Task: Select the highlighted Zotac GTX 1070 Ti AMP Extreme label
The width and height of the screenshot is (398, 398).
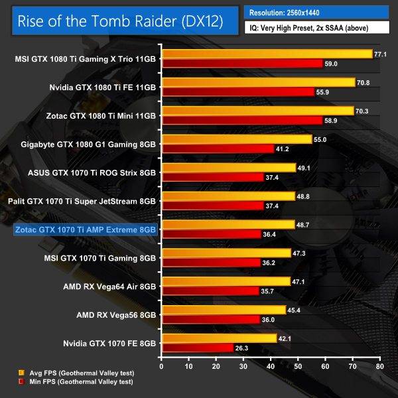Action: pyautogui.click(x=85, y=230)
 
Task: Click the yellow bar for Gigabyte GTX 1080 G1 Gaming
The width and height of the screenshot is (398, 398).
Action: pyautogui.click(x=236, y=139)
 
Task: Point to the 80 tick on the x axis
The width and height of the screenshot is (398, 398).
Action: pyautogui.click(x=379, y=365)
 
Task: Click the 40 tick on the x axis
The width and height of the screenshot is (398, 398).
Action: pyautogui.click(x=271, y=365)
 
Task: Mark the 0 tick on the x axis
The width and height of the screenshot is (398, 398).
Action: pyautogui.click(x=161, y=365)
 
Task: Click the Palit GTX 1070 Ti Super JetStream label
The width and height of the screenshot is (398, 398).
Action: pyautogui.click(x=82, y=201)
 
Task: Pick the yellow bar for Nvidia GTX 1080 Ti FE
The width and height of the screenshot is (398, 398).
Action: pyautogui.click(x=258, y=82)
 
